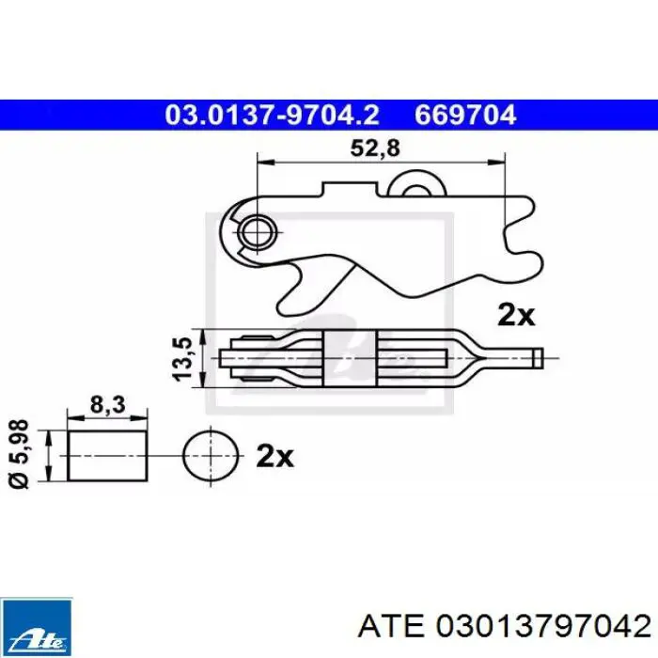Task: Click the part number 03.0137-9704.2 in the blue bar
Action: [x=272, y=115]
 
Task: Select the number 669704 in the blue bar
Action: [x=465, y=115]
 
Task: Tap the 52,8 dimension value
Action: [x=375, y=149]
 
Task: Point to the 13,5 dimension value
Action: [x=183, y=359]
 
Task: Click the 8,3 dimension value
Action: [x=107, y=405]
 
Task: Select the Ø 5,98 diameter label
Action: [x=20, y=454]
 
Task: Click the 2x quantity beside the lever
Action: [x=516, y=315]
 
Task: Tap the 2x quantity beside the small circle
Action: [x=274, y=456]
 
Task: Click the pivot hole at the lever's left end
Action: [x=257, y=232]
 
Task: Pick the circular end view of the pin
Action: [x=211, y=456]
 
